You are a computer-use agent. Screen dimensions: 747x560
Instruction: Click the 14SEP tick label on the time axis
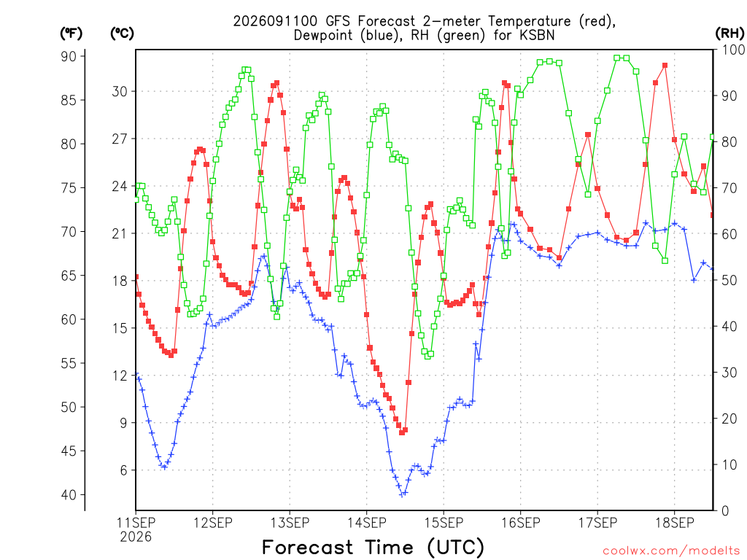(x=366, y=523)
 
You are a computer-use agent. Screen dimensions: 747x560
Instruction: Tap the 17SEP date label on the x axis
(x=597, y=523)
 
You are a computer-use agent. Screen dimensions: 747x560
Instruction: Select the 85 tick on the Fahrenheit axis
(x=68, y=100)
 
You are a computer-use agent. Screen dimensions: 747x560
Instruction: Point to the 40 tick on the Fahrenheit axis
(x=68, y=495)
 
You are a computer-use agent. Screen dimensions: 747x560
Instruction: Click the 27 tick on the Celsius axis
(x=120, y=139)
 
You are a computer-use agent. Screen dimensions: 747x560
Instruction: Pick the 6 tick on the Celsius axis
(x=124, y=470)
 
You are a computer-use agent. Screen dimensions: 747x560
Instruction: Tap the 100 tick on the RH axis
(x=734, y=50)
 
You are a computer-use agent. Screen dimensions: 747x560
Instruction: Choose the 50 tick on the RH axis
(x=729, y=280)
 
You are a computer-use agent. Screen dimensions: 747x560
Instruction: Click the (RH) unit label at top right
(x=729, y=33)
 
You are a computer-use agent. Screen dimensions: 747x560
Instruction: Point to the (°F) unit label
(x=71, y=34)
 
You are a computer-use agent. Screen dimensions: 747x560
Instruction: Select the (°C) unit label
(x=122, y=34)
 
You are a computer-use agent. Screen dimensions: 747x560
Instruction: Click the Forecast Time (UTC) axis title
(x=373, y=547)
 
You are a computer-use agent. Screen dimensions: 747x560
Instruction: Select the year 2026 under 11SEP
(x=136, y=537)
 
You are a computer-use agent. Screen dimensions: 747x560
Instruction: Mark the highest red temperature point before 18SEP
(x=665, y=65)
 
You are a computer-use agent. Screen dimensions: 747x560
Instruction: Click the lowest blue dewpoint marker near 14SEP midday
(x=402, y=494)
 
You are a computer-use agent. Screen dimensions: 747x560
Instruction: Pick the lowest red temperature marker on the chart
(x=402, y=432)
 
